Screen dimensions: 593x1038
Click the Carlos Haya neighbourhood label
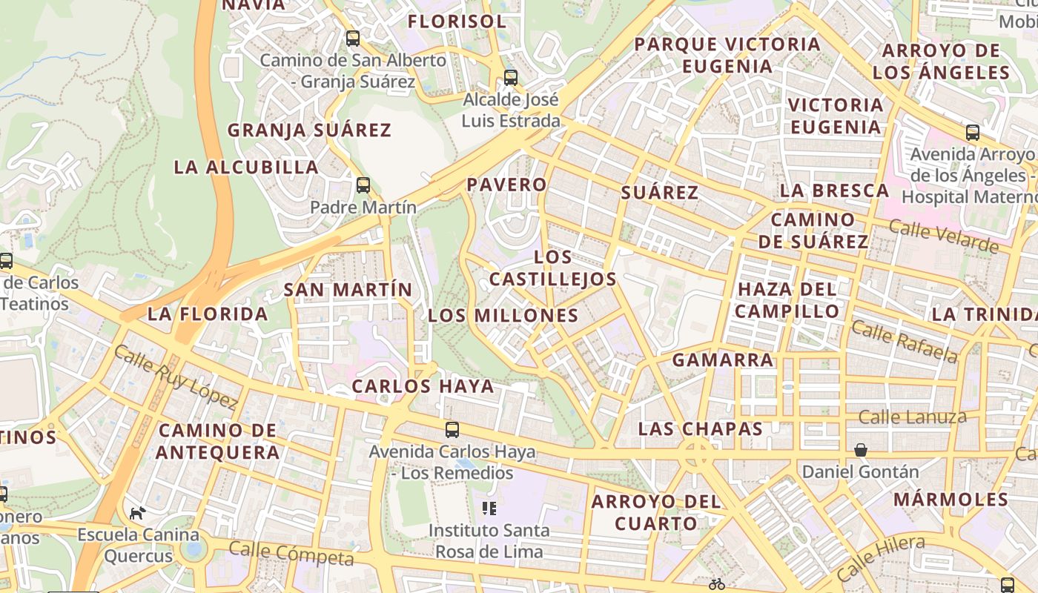(423, 386)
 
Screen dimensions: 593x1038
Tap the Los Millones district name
(503, 316)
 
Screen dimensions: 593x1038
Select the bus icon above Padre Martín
(363, 185)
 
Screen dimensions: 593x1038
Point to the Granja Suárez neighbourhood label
(308, 130)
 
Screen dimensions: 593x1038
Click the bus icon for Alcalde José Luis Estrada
(510, 77)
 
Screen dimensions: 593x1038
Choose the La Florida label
(208, 314)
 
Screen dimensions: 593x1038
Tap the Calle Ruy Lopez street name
(176, 377)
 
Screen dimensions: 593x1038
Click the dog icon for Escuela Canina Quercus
(137, 512)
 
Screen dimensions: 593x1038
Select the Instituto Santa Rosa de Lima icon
(489, 508)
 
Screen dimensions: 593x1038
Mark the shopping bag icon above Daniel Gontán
(861, 450)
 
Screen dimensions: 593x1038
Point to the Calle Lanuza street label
(912, 417)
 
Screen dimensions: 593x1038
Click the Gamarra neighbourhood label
(723, 360)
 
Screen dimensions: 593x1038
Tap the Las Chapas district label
(701, 428)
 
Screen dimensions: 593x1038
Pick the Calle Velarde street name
(943, 236)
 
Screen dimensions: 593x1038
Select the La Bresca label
(834, 191)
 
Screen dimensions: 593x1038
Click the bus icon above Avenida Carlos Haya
(452, 429)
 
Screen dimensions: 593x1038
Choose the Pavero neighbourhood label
(507, 185)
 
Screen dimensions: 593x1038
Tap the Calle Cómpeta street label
(291, 553)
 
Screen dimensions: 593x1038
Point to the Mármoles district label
(951, 499)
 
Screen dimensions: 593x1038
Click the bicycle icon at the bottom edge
(716, 584)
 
